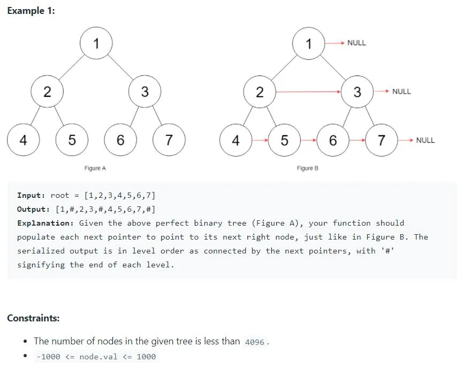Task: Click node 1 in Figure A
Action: click(x=96, y=43)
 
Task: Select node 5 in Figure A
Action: click(x=72, y=141)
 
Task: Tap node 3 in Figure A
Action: click(x=145, y=92)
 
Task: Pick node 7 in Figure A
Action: click(x=169, y=141)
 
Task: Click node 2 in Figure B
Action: click(x=260, y=92)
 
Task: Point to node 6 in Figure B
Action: click(x=333, y=141)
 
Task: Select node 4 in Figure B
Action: click(x=236, y=141)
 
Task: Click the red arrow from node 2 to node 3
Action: click(x=308, y=92)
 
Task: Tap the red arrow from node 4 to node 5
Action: click(x=260, y=141)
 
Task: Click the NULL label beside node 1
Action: click(x=356, y=43)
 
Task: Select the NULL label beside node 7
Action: click(x=425, y=140)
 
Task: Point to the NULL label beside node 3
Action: click(x=401, y=91)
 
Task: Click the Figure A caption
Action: click(x=95, y=168)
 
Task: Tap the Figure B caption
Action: click(x=308, y=168)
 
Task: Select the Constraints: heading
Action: click(x=33, y=318)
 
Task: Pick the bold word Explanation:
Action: click(x=45, y=223)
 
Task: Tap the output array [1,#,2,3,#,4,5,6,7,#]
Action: click(x=105, y=209)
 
